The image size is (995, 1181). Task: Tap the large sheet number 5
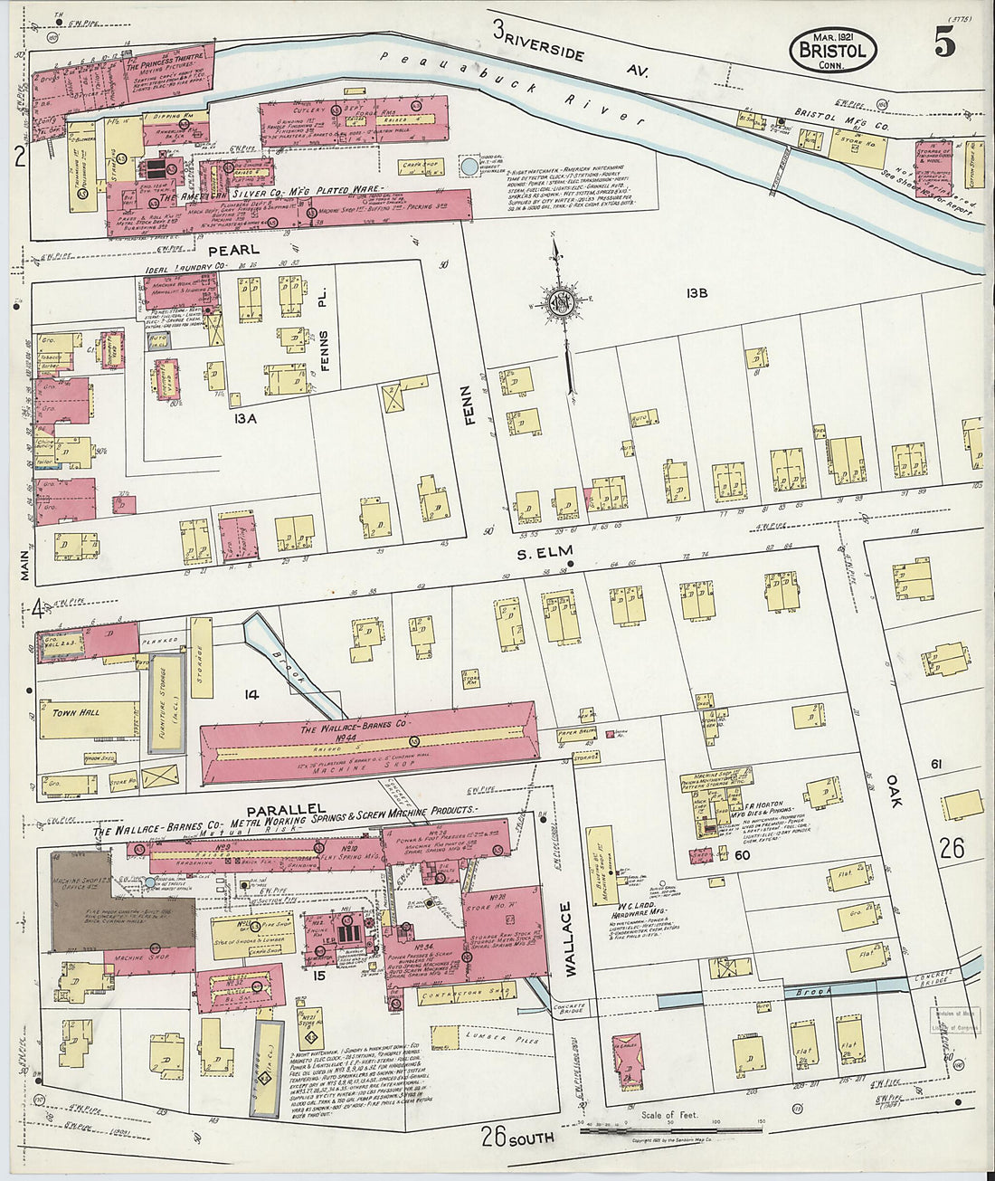[944, 44]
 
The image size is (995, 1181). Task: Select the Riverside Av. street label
[570, 50]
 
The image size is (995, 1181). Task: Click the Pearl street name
[233, 250]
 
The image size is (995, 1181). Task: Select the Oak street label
[894, 789]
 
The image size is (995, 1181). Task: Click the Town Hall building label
[76, 713]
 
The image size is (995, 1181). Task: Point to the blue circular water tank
[469, 167]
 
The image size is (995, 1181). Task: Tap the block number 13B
[696, 292]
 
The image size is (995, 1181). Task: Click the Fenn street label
[467, 408]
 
